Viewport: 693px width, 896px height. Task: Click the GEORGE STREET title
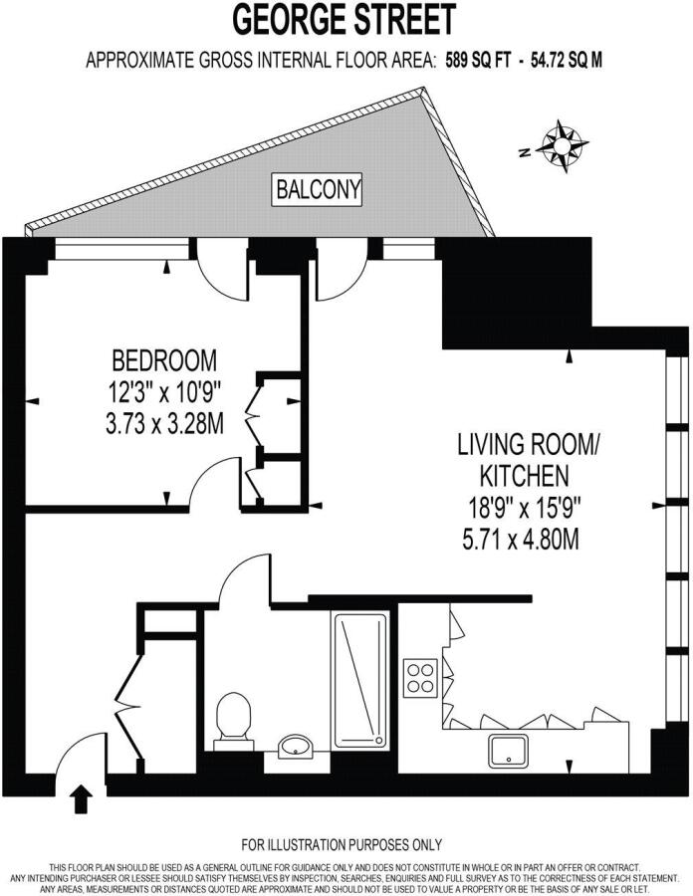click(344, 20)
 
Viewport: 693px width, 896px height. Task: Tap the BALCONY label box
click(318, 189)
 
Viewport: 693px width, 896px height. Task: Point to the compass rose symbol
click(565, 146)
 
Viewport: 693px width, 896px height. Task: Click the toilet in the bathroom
click(234, 721)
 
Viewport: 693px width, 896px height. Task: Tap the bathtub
click(359, 679)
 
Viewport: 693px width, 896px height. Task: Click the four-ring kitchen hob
click(420, 678)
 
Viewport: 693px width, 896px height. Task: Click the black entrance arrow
click(83, 797)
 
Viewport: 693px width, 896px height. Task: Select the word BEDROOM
click(164, 360)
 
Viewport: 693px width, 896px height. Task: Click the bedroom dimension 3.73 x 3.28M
click(164, 423)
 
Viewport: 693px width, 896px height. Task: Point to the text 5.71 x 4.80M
click(521, 539)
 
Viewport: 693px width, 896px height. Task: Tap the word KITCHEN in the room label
click(525, 476)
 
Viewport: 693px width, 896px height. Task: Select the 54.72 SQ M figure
click(567, 60)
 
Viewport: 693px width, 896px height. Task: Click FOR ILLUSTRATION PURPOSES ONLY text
click(342, 844)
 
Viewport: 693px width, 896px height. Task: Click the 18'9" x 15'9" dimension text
click(525, 507)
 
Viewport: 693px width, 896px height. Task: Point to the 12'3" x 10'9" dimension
click(164, 392)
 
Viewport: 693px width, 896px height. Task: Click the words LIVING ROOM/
click(528, 444)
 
